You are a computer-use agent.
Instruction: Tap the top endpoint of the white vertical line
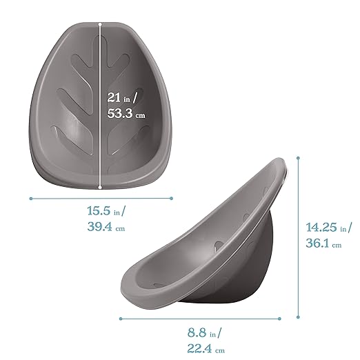click(x=101, y=23)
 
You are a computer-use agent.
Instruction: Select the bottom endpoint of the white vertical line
click(x=101, y=186)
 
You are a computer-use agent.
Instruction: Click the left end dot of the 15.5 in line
click(x=31, y=198)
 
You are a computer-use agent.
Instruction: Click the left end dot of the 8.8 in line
click(x=121, y=319)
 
